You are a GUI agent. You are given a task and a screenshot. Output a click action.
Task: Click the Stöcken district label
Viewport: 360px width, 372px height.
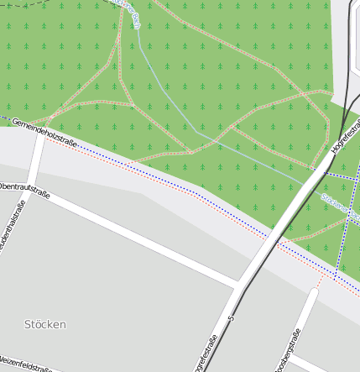coord(45,324)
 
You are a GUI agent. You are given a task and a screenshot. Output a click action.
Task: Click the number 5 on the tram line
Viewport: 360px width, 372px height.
coord(230,319)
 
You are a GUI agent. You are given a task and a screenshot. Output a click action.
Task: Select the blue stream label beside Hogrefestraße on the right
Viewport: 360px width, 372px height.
coord(339,205)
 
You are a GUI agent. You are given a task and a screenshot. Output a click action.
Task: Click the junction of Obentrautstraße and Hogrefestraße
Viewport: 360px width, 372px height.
coord(237,284)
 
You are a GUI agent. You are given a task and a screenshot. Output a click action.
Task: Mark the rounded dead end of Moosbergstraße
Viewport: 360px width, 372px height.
coord(316,293)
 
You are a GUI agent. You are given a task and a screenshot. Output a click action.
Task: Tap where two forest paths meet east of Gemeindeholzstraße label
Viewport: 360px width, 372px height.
coord(132,105)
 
